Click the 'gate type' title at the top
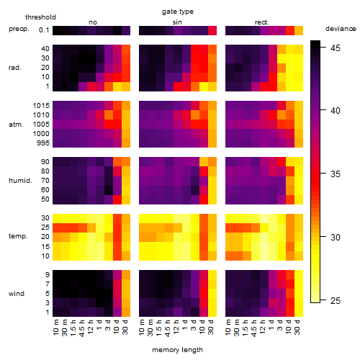[178, 12]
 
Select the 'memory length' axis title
[177, 350]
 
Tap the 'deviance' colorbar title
[341, 29]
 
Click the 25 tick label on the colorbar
[336, 300]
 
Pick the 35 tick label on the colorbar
[336, 174]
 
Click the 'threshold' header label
[40, 17]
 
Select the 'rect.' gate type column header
[261, 22]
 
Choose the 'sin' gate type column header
[177, 22]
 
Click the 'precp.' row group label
[19, 29]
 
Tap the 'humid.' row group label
[20, 181]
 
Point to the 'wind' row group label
[17, 294]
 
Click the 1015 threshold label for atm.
[41, 106]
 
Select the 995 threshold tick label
[43, 143]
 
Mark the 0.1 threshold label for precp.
[44, 30]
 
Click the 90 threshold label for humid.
[45, 162]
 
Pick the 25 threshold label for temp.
[45, 228]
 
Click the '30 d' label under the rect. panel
[297, 327]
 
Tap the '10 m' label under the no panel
[55, 328]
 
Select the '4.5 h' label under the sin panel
[168, 328]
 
